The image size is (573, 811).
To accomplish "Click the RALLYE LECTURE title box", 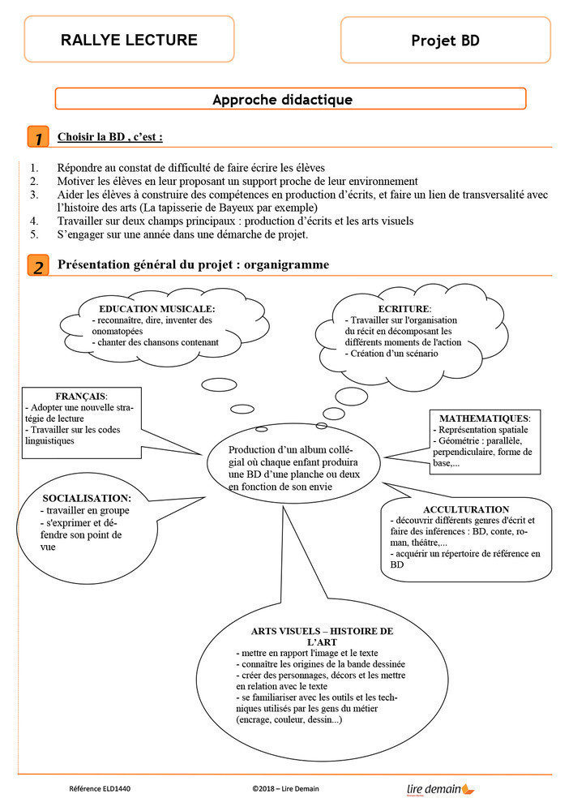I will tap(129, 39).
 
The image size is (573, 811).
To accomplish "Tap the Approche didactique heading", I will tap(282, 100).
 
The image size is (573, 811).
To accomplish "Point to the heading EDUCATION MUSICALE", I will tap(156, 309).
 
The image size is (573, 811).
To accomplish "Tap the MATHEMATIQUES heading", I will tap(485, 418).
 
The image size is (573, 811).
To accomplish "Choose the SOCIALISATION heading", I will tap(87, 498).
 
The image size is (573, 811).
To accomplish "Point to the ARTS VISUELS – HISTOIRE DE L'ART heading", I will tap(322, 636).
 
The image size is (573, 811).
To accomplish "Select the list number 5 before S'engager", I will tap(34, 235).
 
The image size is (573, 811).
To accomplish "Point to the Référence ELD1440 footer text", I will tap(100, 788).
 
